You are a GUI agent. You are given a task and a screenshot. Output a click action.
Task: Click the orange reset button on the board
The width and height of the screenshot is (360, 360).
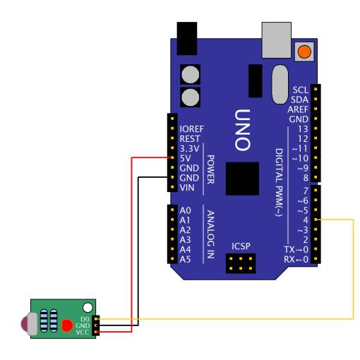[304, 52]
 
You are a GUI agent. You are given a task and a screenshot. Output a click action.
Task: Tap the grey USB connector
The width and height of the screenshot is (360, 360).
[277, 40]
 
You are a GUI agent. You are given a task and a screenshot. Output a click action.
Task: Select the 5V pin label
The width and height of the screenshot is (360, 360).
[185, 158]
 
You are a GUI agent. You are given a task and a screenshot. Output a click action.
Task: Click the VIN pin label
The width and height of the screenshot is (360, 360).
[187, 188]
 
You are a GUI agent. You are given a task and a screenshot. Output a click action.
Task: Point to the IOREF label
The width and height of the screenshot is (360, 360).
[191, 129]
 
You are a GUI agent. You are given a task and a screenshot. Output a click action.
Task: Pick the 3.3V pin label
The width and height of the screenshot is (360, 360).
[189, 148]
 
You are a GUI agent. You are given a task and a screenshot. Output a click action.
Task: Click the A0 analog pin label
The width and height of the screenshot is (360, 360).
[185, 210]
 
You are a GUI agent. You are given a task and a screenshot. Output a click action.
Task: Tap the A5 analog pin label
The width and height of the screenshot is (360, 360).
[185, 259]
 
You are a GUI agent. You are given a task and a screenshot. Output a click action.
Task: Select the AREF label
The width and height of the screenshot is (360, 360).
[298, 109]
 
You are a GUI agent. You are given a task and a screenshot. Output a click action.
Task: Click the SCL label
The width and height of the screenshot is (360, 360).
[301, 90]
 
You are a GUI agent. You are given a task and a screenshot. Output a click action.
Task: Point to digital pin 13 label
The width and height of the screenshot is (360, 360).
[303, 129]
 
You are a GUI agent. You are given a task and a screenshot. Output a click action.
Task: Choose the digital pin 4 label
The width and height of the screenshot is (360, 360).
[306, 220]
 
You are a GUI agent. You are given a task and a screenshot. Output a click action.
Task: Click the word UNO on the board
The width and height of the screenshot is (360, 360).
[243, 130]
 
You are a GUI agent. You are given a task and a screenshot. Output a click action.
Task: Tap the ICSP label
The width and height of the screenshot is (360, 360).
[241, 246]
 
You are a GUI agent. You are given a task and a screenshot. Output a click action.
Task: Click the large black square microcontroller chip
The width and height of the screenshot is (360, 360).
[242, 179]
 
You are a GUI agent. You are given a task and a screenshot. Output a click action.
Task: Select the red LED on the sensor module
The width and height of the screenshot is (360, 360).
[67, 325]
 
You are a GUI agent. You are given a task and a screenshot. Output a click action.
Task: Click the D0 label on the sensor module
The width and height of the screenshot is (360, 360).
[85, 319]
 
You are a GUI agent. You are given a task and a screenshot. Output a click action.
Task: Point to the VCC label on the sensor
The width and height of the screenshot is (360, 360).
[83, 332]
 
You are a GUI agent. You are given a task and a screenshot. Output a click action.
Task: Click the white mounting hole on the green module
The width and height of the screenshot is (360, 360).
[88, 308]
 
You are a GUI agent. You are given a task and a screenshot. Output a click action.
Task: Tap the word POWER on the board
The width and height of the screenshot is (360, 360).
[210, 169]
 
